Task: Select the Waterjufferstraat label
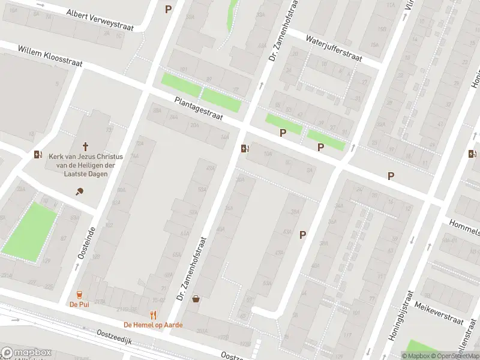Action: [x=334, y=49]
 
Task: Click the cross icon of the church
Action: [x=85, y=146]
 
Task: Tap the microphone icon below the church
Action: [x=79, y=191]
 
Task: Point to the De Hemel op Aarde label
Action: [x=153, y=325]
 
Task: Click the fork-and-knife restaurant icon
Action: [x=153, y=314]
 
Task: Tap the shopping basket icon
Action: [x=196, y=298]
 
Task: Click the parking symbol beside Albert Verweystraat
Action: [x=168, y=9]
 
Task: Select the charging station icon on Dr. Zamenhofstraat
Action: [x=244, y=148]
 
